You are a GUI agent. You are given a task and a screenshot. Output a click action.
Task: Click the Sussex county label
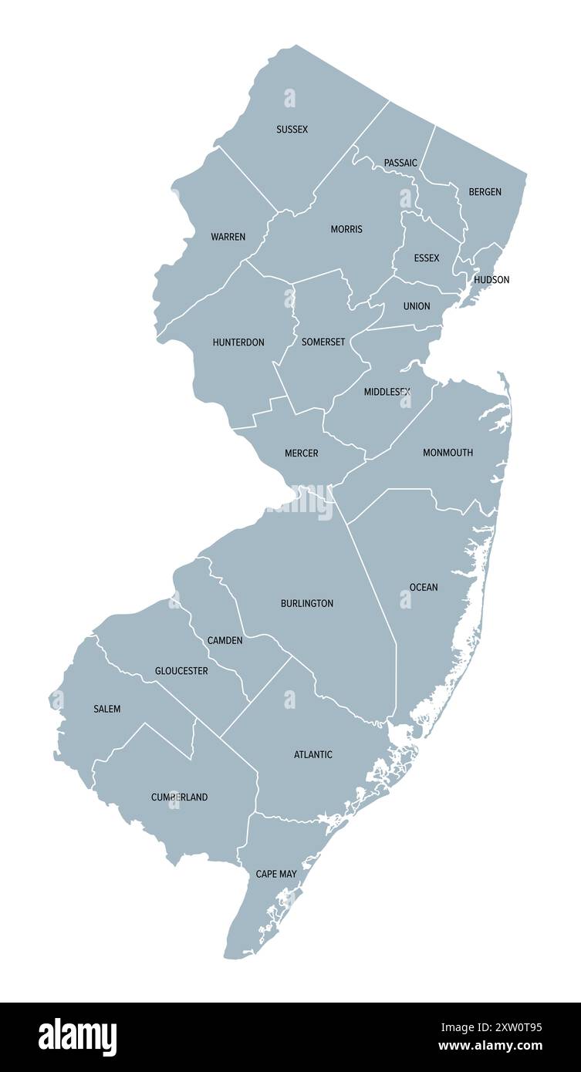coord(292,130)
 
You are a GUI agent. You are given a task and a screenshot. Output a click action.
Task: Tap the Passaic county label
coord(400,163)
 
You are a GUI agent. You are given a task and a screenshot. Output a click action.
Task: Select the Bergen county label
coord(485,192)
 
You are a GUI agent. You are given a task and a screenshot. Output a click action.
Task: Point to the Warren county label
coord(228,237)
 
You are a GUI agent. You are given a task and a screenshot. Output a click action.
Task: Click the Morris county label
coord(346,229)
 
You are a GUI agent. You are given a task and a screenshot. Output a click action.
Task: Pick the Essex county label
coord(426,258)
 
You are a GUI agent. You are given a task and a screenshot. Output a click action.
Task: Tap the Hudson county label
coord(491,280)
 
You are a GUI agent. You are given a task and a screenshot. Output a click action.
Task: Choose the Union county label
coord(417,306)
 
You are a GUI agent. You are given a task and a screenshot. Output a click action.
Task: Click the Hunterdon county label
coord(238,342)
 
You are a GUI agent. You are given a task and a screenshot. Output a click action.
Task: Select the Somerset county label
coord(323,342)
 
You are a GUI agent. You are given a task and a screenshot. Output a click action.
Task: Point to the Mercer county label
coord(301,453)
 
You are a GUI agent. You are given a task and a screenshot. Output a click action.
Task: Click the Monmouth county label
coord(448,453)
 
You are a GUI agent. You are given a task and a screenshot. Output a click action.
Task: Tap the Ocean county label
coord(424,588)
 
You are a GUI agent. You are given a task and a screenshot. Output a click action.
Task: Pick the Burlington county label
coord(307,603)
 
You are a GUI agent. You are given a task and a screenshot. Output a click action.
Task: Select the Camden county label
coord(225,641)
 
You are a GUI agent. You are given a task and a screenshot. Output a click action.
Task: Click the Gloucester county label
coord(181,671)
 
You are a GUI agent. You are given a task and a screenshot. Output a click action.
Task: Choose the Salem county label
coord(106,709)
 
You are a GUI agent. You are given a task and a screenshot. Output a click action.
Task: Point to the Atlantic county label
coord(313,754)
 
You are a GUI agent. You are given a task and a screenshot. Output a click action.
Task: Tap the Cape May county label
coord(276,874)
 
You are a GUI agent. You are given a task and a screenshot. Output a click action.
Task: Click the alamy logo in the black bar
coord(77,1037)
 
